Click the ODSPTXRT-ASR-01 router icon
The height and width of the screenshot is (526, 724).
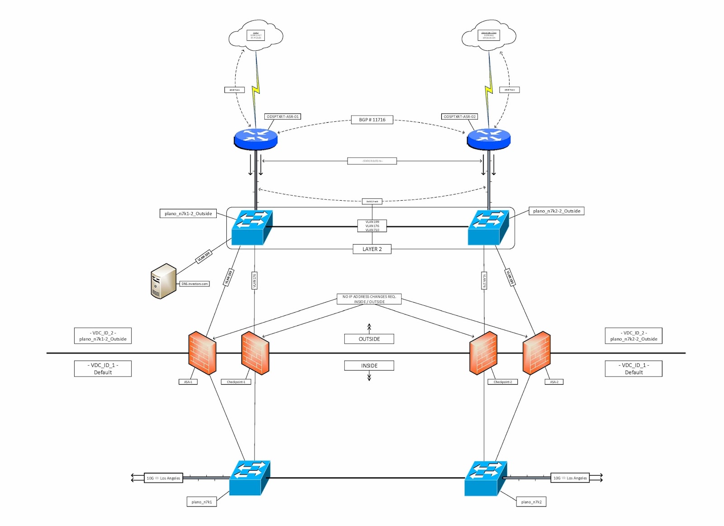coord(256,139)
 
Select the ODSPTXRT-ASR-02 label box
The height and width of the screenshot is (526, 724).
coord(459,116)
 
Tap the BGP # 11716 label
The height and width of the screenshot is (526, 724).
coord(372,120)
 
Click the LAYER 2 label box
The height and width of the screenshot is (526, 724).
coord(372,249)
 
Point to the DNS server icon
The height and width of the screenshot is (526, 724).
coord(163,281)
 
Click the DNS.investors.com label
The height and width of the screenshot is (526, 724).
coord(195,284)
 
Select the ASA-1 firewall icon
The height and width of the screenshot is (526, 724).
coord(202,353)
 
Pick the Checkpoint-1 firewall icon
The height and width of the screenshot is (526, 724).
coord(255,353)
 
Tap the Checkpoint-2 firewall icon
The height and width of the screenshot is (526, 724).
coord(483,353)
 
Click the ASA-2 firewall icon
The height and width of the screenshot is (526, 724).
coord(537,353)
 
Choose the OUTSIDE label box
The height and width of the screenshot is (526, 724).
coord(369,339)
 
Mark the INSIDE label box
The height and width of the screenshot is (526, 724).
coord(369,366)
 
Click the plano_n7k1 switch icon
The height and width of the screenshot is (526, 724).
coord(250,478)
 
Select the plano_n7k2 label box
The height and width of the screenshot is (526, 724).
coord(531,502)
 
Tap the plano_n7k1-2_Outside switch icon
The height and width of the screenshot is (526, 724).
coord(252,227)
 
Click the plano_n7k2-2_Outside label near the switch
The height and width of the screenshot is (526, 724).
coord(556,211)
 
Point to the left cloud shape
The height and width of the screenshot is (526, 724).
coord(256,34)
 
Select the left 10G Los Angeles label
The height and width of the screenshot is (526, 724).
coord(163,478)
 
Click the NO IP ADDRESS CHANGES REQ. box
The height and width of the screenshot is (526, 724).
coord(369,299)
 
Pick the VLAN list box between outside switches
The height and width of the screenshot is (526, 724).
coord(372,226)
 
